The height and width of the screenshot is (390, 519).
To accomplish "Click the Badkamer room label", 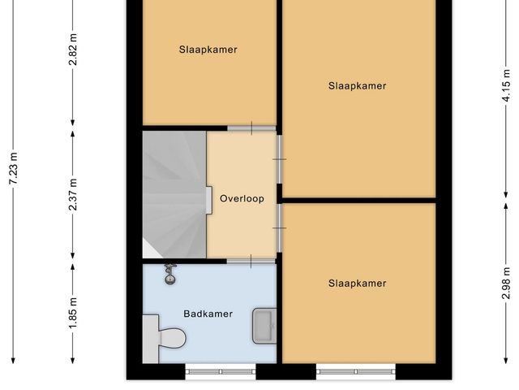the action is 208,314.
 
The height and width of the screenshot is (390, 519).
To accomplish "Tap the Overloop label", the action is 242,198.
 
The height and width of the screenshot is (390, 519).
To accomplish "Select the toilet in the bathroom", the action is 165,339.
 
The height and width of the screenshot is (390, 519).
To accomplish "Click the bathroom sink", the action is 264,326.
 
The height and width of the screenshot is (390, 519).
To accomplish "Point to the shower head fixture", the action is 170,275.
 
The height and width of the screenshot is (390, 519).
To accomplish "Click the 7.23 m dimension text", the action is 14,168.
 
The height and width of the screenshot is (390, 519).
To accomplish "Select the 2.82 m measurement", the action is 73,50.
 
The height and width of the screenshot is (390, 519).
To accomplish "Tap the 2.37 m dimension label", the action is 73,194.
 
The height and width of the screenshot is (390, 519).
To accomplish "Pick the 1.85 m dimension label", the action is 73,313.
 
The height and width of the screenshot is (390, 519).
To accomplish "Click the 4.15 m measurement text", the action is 506,85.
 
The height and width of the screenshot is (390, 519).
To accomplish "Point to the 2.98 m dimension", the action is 506,283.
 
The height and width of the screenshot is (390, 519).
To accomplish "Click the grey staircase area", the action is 174,195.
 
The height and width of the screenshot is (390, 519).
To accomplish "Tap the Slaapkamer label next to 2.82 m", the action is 208,50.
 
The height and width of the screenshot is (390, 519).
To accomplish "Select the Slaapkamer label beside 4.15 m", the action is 357,86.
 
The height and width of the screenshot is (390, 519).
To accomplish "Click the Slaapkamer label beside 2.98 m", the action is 357,284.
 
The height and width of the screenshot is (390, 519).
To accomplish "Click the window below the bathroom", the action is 221,372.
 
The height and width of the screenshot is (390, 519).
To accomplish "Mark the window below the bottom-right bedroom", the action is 356,372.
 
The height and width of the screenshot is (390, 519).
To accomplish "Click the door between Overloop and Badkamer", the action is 251,262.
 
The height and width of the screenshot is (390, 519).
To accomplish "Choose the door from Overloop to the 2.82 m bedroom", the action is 251,128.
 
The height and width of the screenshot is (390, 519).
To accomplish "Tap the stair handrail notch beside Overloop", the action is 209,201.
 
